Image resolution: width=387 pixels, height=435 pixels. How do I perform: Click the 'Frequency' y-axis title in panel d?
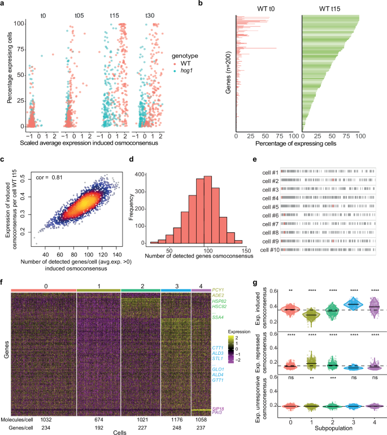tap(145, 207)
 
